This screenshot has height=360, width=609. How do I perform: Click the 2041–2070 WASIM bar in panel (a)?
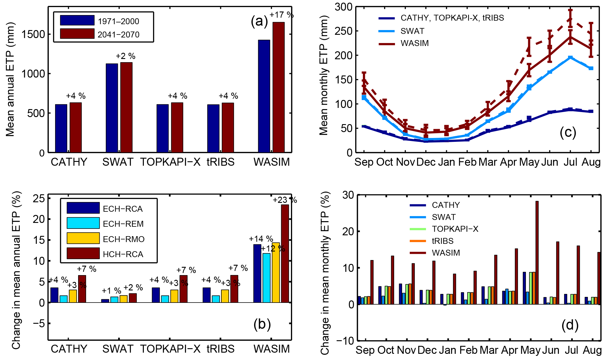click(278, 87)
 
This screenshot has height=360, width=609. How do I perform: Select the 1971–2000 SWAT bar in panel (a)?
click(112, 108)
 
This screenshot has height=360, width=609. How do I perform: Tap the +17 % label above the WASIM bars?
click(282, 15)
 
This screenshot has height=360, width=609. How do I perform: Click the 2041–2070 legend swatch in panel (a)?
click(77, 34)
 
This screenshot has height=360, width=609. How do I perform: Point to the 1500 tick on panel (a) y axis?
click(33, 34)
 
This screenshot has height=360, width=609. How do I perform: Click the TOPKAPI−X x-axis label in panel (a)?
click(170, 162)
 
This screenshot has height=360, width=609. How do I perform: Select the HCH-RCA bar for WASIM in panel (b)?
click(285, 254)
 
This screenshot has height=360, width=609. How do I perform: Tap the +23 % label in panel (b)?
click(284, 200)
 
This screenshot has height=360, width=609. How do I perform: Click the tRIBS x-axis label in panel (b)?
click(220, 349)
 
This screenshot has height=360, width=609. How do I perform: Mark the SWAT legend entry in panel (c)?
click(412, 31)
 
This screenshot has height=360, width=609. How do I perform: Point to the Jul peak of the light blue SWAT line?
click(570, 57)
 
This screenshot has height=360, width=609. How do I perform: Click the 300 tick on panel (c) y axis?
click(343, 7)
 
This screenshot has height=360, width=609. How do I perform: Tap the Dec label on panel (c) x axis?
click(426, 162)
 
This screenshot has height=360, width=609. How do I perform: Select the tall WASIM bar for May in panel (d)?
click(537, 252)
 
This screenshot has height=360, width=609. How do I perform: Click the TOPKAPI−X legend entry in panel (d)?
click(455, 229)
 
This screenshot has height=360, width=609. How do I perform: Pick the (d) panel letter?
click(570, 325)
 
